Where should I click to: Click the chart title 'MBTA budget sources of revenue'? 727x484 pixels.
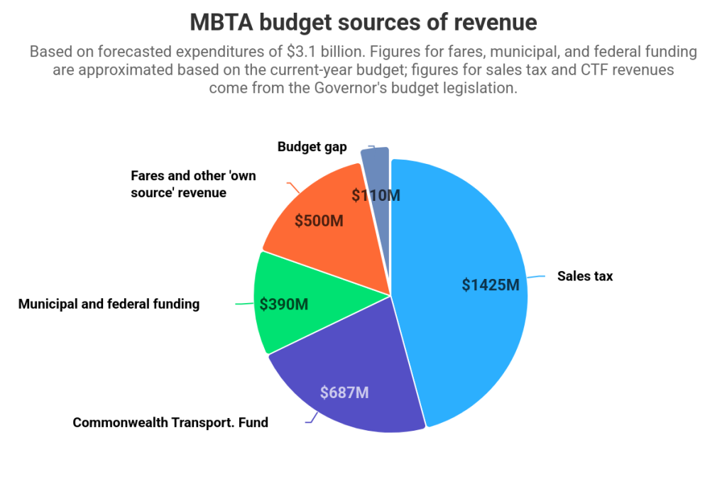(x=363, y=23)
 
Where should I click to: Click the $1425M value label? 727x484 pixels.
(x=491, y=285)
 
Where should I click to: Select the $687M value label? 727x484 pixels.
(x=344, y=392)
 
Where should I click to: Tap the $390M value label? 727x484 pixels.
(x=284, y=304)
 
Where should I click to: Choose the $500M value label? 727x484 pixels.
(x=319, y=221)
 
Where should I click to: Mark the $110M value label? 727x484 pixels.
(x=376, y=195)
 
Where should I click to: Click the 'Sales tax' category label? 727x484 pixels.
(x=584, y=276)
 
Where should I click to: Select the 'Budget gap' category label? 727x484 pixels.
(x=312, y=147)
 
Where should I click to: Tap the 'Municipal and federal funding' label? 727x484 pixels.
(x=109, y=304)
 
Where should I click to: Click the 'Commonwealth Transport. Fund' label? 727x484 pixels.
(x=170, y=423)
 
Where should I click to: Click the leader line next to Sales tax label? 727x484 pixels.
(x=537, y=277)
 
